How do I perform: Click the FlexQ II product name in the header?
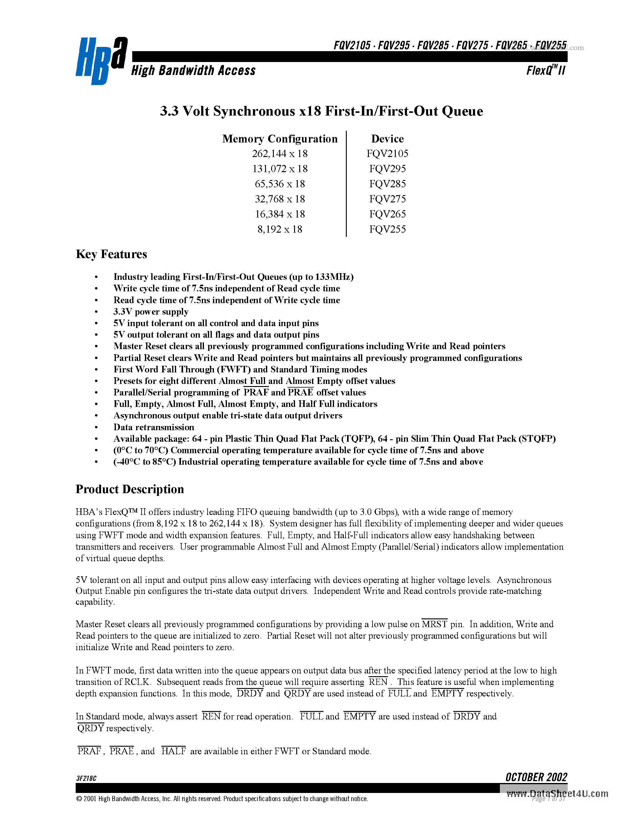pos(546,71)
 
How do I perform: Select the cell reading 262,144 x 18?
pos(280,153)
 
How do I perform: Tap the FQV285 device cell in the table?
pos(387,184)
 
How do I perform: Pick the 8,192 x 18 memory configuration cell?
pos(280,229)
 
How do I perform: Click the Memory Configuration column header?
pos(280,139)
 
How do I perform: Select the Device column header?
pos(387,139)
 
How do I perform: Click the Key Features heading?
pos(111,254)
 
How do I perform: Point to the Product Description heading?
pos(130,489)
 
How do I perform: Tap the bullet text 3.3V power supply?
pos(151,312)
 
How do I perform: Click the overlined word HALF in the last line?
pos(173,751)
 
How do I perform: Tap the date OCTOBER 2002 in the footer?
pos(536,777)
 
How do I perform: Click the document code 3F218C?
pos(86,778)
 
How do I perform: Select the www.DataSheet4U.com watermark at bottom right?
pos(557,794)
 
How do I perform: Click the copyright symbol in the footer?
pos(79,799)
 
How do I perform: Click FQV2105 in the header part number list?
pos(352,46)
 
